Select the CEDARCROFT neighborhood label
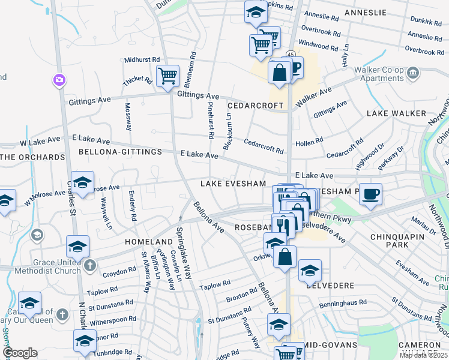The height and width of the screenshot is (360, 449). [x=255, y=106]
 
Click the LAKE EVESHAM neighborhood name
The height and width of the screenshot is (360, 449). [x=233, y=184]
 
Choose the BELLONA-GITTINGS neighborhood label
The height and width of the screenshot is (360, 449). [x=120, y=152]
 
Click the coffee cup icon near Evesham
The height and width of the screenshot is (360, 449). [x=370, y=194]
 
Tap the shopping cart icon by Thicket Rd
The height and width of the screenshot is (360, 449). [x=167, y=76]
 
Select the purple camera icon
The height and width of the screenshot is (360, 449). [x=59, y=79]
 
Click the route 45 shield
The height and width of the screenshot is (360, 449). [x=291, y=55]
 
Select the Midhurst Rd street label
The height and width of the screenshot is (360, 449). [x=142, y=60]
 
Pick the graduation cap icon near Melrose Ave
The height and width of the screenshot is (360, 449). [x=83, y=182]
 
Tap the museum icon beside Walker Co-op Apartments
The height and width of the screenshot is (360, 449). [x=412, y=73]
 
